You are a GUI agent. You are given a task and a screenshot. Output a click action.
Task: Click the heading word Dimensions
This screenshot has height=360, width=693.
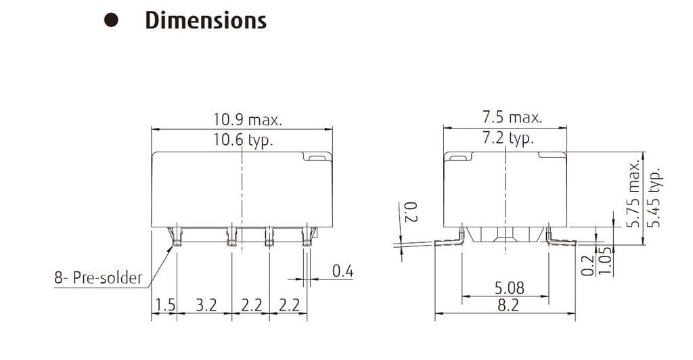click(x=206, y=20)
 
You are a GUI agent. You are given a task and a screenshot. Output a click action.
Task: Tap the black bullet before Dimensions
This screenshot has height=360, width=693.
click(x=111, y=21)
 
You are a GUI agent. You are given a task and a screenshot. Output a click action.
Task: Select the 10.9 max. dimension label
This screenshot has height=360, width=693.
click(x=248, y=120)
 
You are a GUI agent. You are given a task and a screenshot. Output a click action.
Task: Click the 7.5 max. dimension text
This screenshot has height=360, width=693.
click(x=512, y=117)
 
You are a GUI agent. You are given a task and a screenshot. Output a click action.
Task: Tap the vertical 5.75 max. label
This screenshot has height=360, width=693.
click(x=634, y=194)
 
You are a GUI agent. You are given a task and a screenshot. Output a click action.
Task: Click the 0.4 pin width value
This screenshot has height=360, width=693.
click(x=343, y=271)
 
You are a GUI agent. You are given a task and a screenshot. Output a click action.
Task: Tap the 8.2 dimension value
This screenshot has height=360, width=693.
click(x=508, y=305)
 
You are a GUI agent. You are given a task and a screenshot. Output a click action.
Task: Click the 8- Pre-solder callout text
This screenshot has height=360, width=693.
click(x=99, y=277)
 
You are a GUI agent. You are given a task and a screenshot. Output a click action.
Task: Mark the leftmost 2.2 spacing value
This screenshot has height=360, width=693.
click(x=251, y=305)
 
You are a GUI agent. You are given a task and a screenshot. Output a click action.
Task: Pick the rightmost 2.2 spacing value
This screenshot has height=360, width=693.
click(x=289, y=305)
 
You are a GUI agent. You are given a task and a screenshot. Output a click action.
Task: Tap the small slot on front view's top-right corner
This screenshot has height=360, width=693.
click(x=315, y=158)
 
